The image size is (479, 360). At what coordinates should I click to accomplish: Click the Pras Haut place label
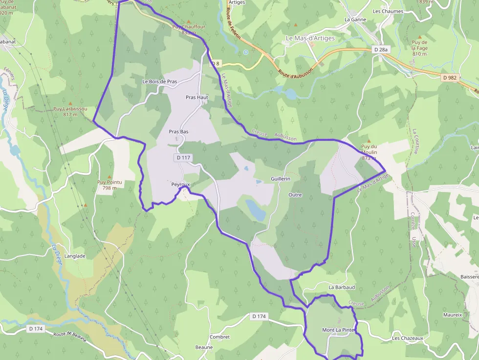coord(197,97)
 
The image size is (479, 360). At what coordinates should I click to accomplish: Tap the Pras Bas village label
coord(178,132)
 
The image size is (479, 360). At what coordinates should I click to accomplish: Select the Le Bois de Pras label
coord(159,81)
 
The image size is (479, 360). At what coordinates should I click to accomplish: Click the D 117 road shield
coord(183,158)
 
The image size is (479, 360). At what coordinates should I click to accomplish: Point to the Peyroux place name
coord(180,185)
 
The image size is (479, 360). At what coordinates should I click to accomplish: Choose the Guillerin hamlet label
coord(281,179)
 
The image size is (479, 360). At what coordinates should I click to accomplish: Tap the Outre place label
coord(295,195)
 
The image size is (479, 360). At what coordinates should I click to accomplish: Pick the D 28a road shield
coord(380,49)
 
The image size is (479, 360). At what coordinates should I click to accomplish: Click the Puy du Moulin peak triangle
coord(369,140)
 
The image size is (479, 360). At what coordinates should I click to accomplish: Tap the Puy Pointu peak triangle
coord(109,177)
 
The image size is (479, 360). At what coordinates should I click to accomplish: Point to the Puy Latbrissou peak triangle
coord(70,104)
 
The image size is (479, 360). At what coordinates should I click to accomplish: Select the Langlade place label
coord(75,256)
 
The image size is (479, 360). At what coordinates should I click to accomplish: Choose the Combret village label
coord(219,337)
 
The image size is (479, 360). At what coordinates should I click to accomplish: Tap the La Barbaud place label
coord(342,287)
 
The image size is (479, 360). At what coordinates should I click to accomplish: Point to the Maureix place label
coord(452,315)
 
